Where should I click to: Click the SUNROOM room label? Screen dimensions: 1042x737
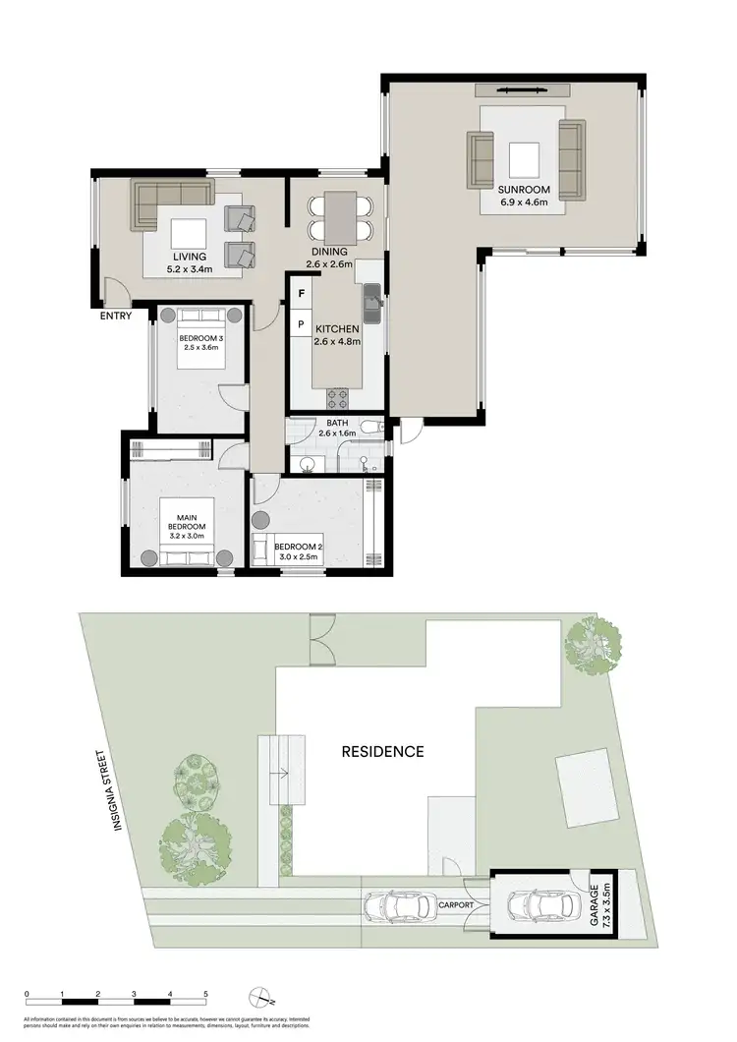(x=524, y=189)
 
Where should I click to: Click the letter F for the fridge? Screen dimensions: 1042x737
(x=301, y=294)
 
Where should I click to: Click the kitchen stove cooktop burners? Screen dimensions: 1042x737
(x=339, y=398)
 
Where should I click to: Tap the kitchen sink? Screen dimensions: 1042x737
(x=372, y=302)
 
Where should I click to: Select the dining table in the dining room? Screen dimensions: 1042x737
(x=340, y=215)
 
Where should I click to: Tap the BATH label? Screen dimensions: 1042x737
(x=336, y=424)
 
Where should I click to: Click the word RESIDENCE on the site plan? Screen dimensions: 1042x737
(x=382, y=752)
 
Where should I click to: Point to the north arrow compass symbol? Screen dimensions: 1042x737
(x=258, y=995)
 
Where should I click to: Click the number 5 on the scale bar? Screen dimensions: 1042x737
(x=205, y=995)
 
